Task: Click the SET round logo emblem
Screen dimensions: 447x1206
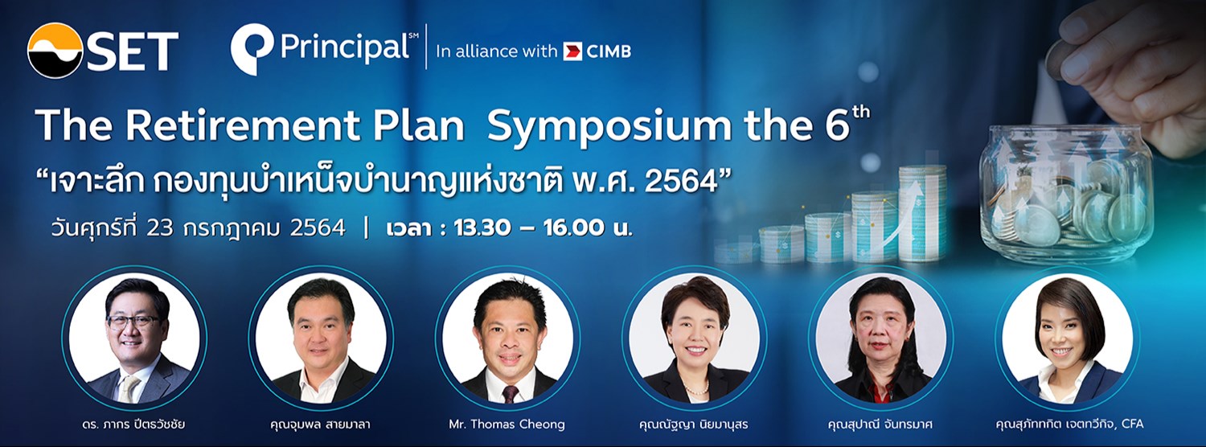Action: (55, 51)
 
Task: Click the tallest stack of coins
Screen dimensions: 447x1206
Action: (922, 213)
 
